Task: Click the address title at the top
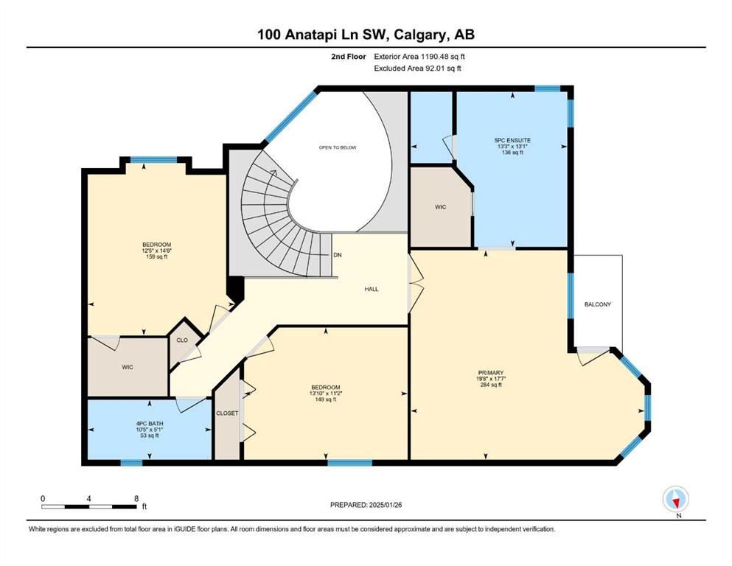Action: pyautogui.click(x=366, y=35)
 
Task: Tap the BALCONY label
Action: pyautogui.click(x=598, y=304)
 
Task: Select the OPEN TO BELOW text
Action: pyautogui.click(x=338, y=147)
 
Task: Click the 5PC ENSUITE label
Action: pyautogui.click(x=512, y=140)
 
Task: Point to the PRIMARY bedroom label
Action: pyautogui.click(x=490, y=373)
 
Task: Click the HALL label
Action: pyautogui.click(x=372, y=290)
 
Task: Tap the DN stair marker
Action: pyautogui.click(x=338, y=255)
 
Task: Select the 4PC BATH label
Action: pyautogui.click(x=150, y=424)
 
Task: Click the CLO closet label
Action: pyautogui.click(x=182, y=340)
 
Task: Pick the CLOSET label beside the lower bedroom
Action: pyautogui.click(x=227, y=413)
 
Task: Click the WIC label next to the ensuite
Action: pyautogui.click(x=440, y=206)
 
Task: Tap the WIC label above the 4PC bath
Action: pyautogui.click(x=128, y=367)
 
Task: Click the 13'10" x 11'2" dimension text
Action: pyautogui.click(x=325, y=394)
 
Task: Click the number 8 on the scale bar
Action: pyautogui.click(x=136, y=498)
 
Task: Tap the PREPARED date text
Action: pyautogui.click(x=366, y=505)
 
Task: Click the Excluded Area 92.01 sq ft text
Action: pyautogui.click(x=418, y=68)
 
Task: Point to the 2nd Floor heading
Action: pyautogui.click(x=349, y=57)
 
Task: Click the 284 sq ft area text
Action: pyautogui.click(x=491, y=385)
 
